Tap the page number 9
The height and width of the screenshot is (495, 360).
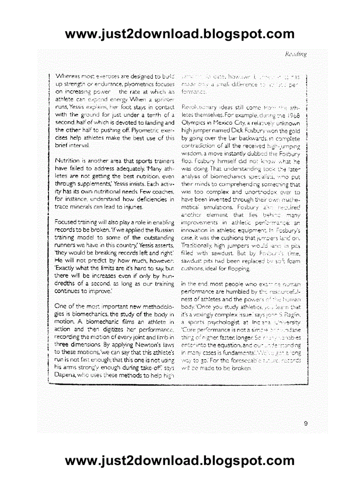305,424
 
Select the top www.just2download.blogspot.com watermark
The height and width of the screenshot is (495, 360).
180,33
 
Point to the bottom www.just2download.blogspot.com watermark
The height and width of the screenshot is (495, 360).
180,461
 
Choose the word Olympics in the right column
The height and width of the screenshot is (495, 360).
195,123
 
